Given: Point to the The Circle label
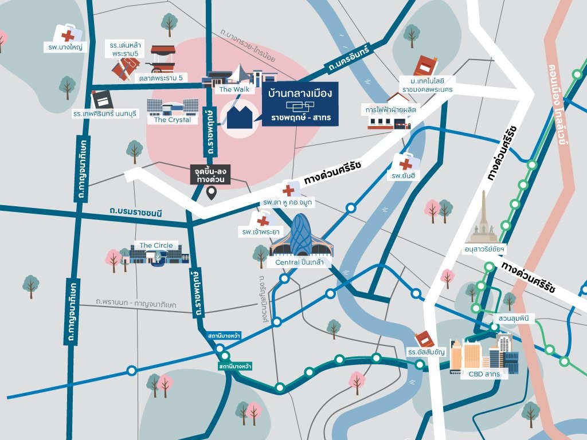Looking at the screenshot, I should tap(155, 245).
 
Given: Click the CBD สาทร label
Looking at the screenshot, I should tap(484, 374).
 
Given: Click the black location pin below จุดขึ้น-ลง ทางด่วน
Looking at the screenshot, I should tap(211, 194).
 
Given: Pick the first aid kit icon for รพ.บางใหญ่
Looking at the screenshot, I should tap(67, 33).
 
